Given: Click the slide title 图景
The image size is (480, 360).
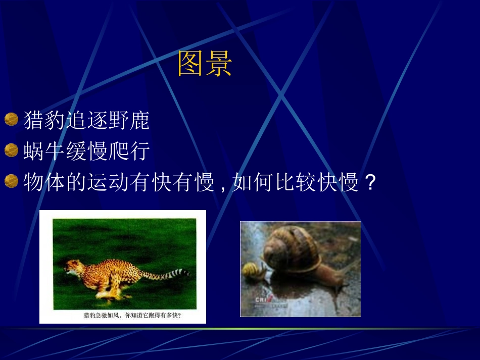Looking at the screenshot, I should (205, 64).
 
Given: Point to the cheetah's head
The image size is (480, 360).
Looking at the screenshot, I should (73, 267).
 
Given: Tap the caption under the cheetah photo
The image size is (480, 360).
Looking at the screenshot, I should (132, 316).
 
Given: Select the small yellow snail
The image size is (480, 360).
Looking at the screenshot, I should (254, 271).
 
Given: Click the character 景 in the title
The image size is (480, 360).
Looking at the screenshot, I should (218, 64).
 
